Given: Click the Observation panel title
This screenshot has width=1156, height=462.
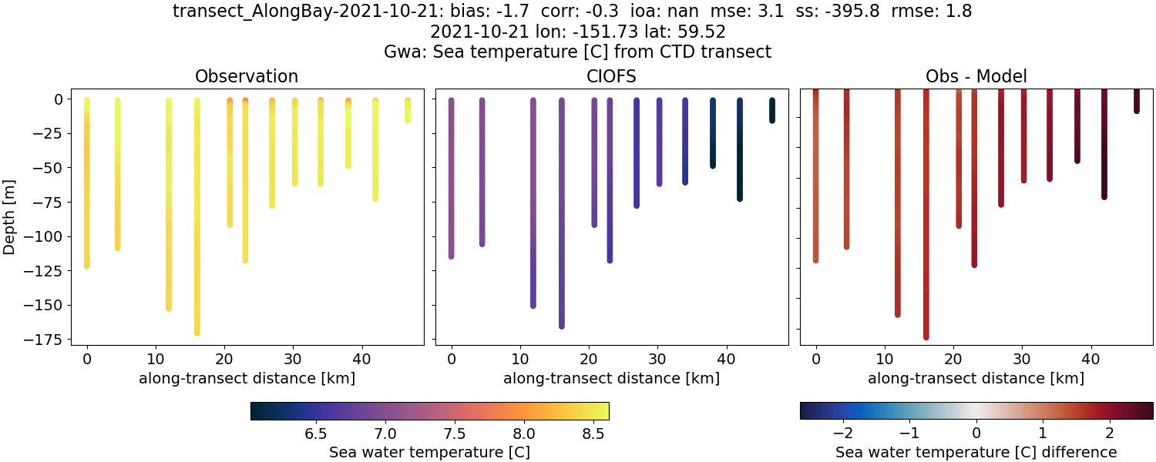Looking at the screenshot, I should (x=247, y=76).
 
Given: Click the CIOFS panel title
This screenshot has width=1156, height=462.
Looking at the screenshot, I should (x=612, y=76).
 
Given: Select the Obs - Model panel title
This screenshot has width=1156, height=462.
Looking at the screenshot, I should (x=976, y=76).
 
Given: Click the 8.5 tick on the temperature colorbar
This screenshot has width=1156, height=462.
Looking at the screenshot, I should (x=593, y=434).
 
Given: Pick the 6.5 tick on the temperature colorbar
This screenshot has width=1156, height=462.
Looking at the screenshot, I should (x=316, y=434).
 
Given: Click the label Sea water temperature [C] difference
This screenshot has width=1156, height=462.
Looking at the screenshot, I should (x=976, y=452).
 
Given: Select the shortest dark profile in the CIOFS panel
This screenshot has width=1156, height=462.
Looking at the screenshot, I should (x=771, y=110).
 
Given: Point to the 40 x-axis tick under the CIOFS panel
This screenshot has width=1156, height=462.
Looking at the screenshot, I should (x=726, y=359).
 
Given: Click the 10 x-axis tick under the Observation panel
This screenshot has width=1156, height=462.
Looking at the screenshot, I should (x=155, y=359).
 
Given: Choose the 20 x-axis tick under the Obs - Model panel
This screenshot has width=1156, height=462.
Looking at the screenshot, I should (x=953, y=359).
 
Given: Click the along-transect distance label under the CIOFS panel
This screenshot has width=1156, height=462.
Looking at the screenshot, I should (x=611, y=378).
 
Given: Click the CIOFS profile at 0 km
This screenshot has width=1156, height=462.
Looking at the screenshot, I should (x=452, y=177).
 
